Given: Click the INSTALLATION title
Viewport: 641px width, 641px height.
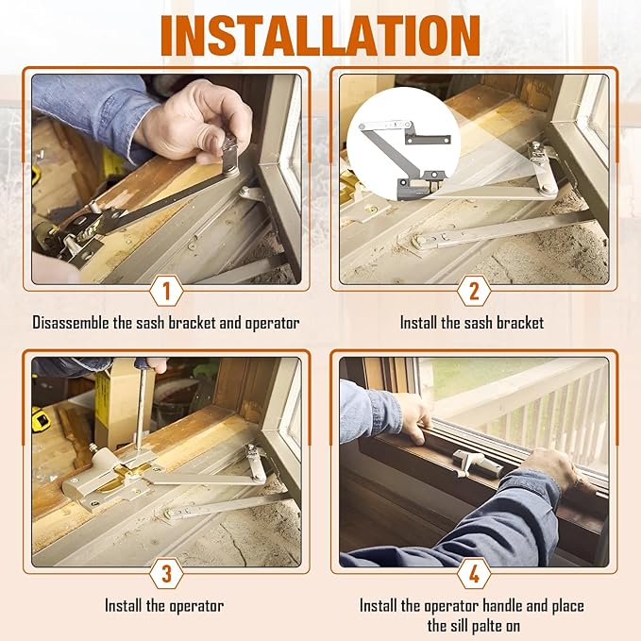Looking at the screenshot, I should coord(320,35).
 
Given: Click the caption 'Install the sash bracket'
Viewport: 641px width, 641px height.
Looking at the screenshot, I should coord(472,323).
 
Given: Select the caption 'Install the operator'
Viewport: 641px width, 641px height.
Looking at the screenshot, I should coord(164,605).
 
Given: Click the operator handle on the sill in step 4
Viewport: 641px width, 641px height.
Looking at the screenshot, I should coord(472,463).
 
